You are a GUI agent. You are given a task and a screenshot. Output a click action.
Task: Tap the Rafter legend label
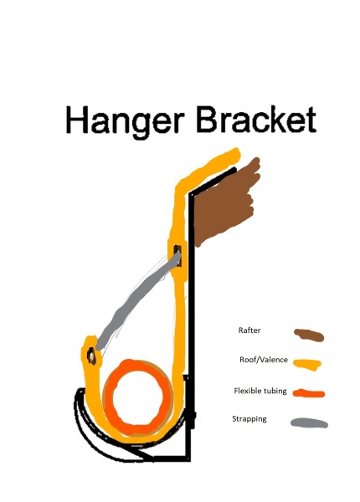[x=249, y=330]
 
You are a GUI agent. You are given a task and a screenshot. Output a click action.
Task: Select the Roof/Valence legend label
[x=264, y=360]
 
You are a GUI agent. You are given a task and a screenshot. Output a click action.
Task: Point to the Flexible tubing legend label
[x=260, y=391]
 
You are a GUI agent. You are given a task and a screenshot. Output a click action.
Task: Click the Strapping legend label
[x=249, y=419]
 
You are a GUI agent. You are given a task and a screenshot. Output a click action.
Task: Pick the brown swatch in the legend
[x=309, y=336]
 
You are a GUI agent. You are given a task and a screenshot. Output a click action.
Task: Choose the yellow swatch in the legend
[x=307, y=364]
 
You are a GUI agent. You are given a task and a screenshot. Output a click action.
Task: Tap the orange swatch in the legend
[x=309, y=393]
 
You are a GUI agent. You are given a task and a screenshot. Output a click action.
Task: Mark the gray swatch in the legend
[x=310, y=423]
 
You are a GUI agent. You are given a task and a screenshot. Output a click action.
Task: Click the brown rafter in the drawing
[x=224, y=205]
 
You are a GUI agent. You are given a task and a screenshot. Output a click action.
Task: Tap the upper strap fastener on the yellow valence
[x=177, y=256]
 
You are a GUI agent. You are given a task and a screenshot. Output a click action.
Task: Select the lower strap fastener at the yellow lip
[x=91, y=356]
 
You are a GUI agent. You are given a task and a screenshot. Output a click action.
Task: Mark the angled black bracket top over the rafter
[x=213, y=181]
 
